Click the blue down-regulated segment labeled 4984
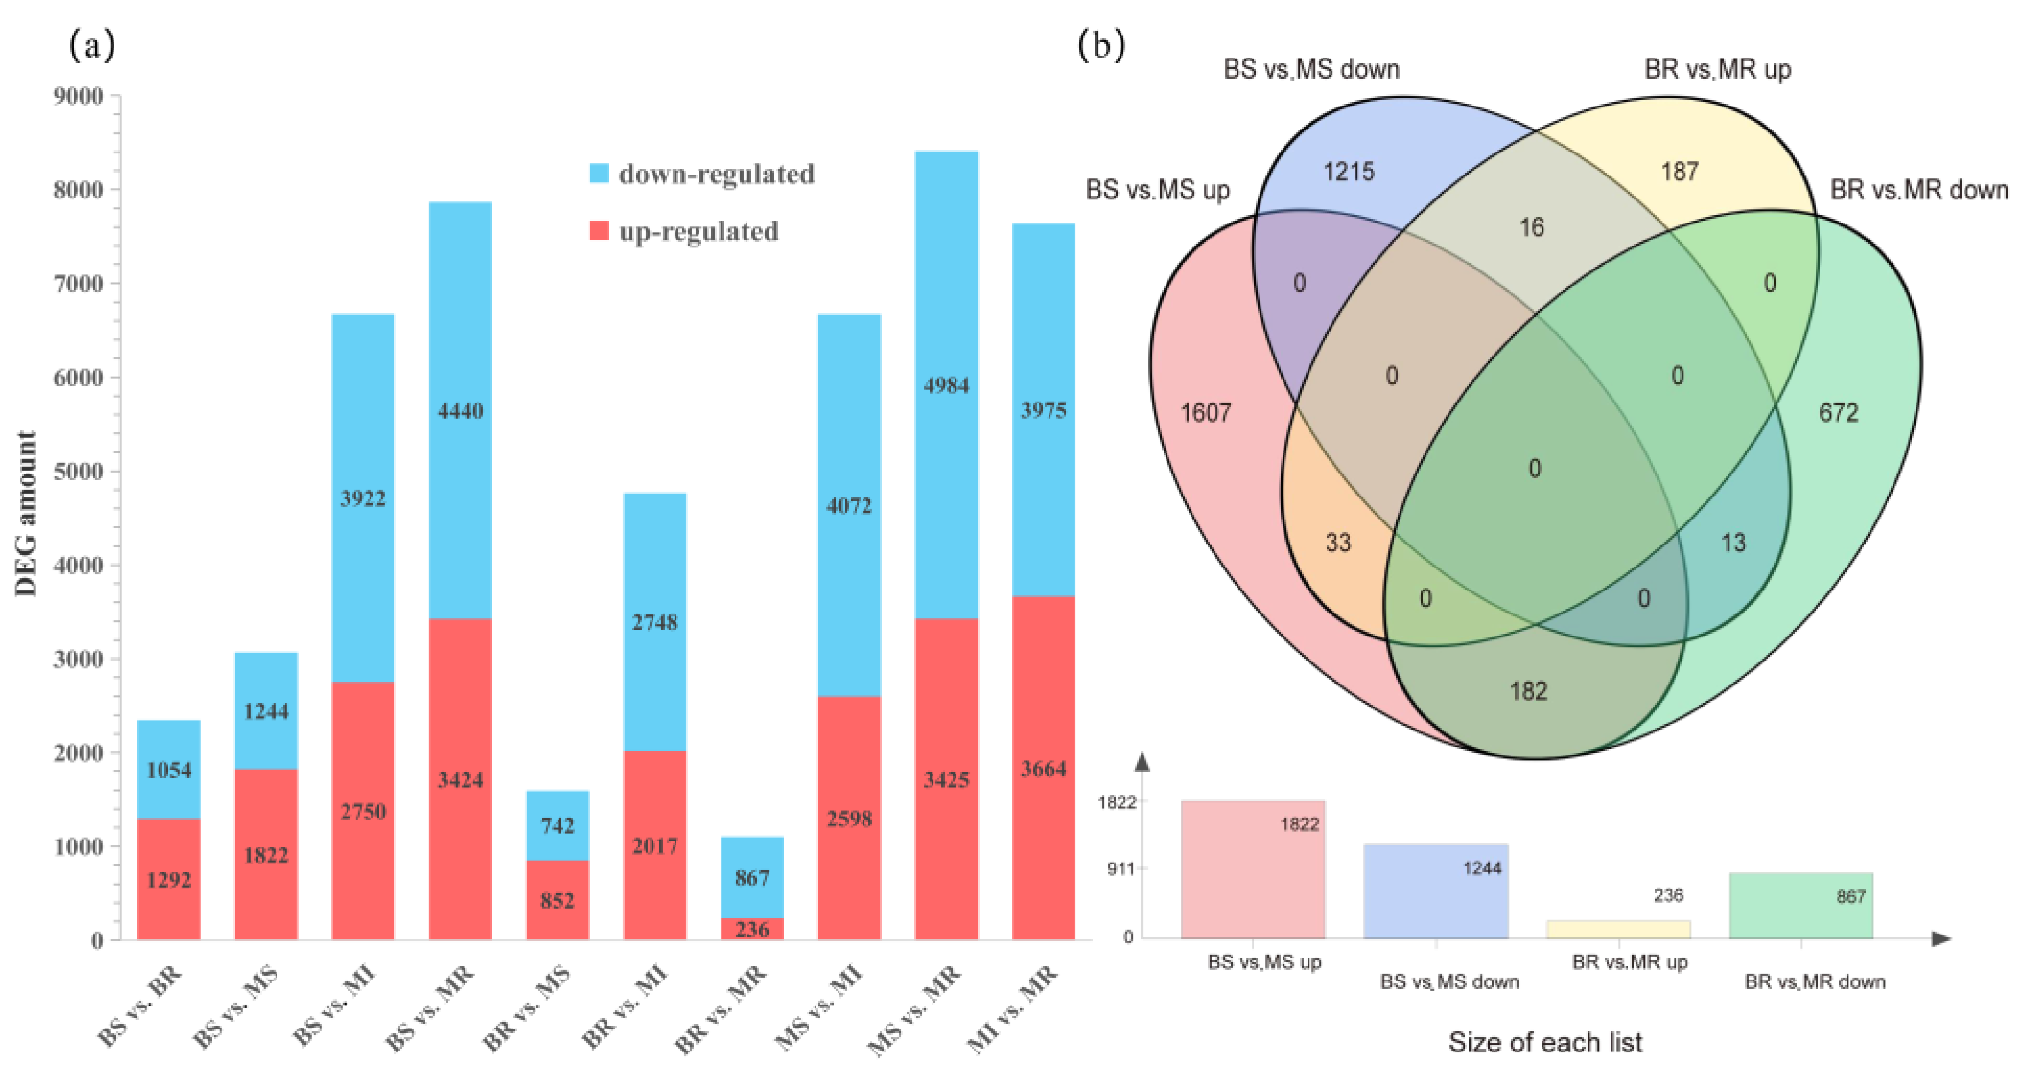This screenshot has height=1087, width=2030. [946, 385]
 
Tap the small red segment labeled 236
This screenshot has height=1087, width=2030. [752, 928]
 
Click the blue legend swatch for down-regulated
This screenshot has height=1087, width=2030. [599, 173]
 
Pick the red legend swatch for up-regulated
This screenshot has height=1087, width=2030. [599, 231]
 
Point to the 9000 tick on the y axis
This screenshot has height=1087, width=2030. [79, 96]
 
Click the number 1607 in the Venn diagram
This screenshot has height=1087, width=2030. [1205, 412]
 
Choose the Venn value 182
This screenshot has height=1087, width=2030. [1528, 691]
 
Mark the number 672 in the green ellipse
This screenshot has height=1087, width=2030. [1838, 412]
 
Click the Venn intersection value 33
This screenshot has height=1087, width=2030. [1338, 542]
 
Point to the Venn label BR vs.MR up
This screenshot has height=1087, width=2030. [1717, 69]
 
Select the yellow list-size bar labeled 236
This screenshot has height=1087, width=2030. [1618, 929]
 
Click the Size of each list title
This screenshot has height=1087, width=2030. [1545, 1042]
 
